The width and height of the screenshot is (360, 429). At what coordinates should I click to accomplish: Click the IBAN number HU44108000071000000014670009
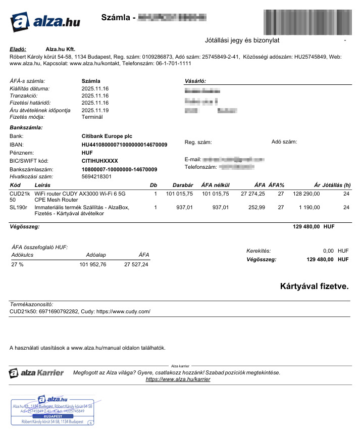tap(124, 145)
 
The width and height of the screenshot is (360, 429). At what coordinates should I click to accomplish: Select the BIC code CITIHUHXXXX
tap(99, 161)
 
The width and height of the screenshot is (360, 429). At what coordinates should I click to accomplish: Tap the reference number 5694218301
tap(96, 177)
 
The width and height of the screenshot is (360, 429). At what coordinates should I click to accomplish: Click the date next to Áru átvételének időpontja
tap(95, 110)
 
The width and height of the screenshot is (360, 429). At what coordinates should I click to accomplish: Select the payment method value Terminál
tap(92, 117)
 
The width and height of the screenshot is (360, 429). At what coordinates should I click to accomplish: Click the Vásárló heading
tap(196, 81)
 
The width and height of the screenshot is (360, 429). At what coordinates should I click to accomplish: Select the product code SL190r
tap(18, 207)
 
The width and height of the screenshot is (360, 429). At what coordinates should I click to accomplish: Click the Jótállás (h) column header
tap(336, 185)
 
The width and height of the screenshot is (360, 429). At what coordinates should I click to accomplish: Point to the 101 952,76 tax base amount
tap(93, 265)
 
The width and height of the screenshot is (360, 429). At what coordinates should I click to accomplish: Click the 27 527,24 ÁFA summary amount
tap(136, 265)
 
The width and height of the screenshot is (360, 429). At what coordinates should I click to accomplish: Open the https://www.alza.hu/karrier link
tap(178, 379)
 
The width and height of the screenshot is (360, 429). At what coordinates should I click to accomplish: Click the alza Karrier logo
tap(37, 373)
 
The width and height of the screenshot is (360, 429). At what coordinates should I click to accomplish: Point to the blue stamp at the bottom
tap(53, 410)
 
